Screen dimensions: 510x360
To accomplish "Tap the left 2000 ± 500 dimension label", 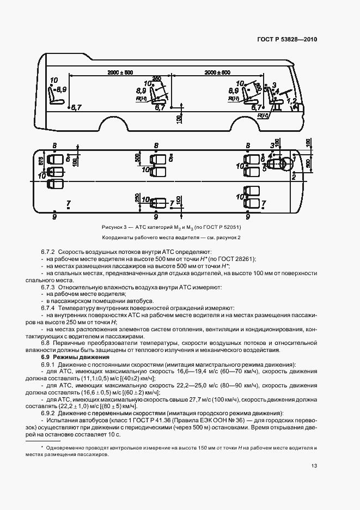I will point(120,72).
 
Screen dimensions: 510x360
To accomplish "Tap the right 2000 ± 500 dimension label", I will point(217,72).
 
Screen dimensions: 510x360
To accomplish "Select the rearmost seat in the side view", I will point(55,96).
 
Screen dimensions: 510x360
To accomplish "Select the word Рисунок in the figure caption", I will point(113,226).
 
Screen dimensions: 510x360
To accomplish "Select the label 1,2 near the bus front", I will point(291,101).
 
